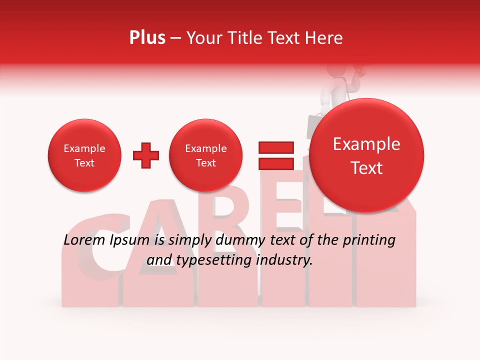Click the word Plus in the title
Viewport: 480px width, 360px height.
(x=147, y=38)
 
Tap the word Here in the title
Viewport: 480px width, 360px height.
(x=324, y=38)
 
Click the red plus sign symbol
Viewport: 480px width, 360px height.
(x=146, y=155)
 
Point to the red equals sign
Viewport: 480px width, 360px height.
(x=275, y=155)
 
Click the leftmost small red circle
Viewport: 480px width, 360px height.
(x=84, y=155)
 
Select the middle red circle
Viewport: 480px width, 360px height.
(x=205, y=155)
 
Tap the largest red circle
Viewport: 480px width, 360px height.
(x=366, y=155)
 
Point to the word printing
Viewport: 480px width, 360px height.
(x=368, y=240)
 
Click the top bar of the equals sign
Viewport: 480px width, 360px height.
(x=275, y=147)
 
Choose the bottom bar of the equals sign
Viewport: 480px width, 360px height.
(x=275, y=163)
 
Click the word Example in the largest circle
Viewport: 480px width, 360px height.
(x=366, y=144)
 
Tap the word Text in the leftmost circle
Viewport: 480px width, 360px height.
(x=84, y=163)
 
